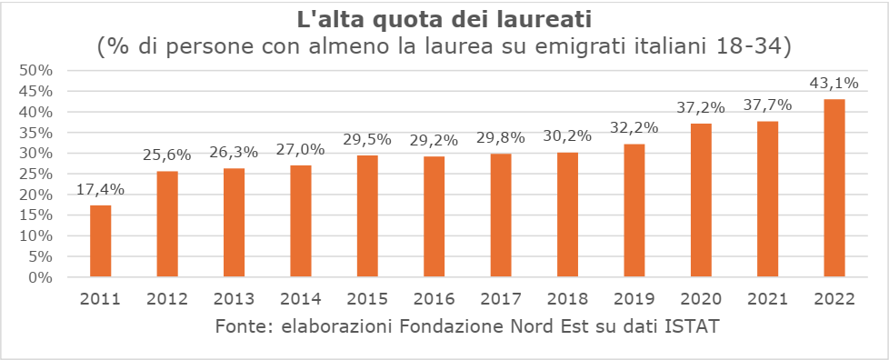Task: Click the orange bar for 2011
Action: pos(100,241)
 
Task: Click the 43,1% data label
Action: pos(834,84)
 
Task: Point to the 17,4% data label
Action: pos(100,190)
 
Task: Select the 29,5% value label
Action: pos(367,140)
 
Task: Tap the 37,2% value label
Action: pos(701,108)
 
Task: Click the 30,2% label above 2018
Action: pos(567,137)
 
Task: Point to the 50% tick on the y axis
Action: pos(37,71)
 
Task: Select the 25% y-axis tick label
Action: pos(37,175)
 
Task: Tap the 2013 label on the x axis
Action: pos(234,298)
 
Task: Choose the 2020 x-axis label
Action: pos(701,298)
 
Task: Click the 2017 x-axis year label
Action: pos(501,298)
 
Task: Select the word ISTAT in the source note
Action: pos(695,326)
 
